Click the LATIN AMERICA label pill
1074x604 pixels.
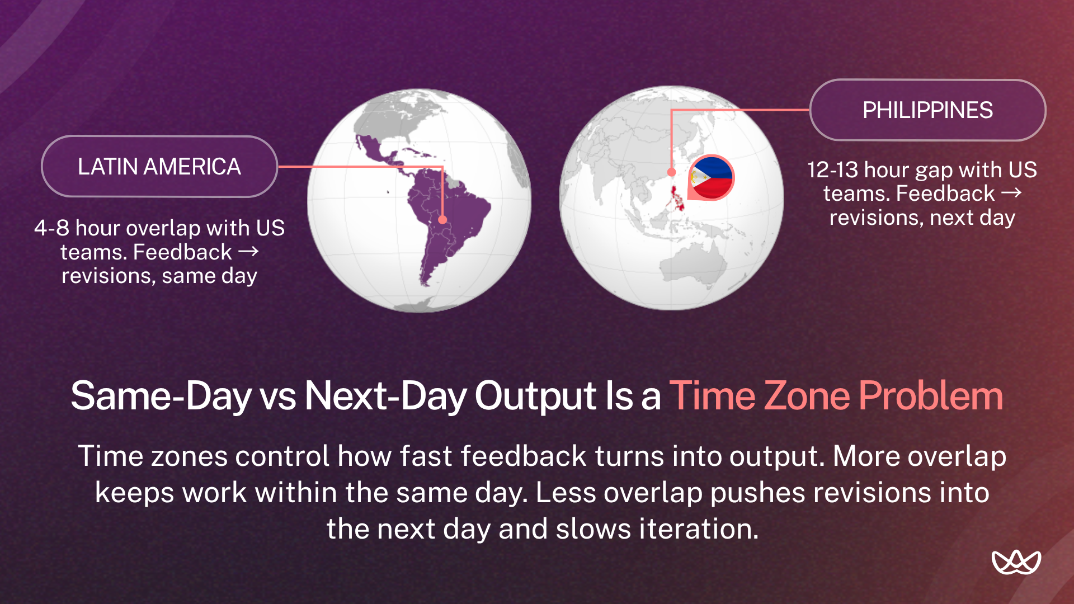[159, 166]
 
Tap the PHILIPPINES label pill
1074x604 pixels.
[927, 110]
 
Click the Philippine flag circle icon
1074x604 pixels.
[711, 177]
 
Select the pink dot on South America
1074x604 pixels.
[442, 220]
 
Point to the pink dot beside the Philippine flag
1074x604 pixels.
[671, 172]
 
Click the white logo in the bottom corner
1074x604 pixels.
[1016, 562]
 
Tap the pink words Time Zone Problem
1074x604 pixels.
[836, 395]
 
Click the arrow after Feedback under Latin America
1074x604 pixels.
[248, 252]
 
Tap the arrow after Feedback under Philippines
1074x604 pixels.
[1011, 193]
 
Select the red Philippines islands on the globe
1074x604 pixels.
[677, 199]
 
